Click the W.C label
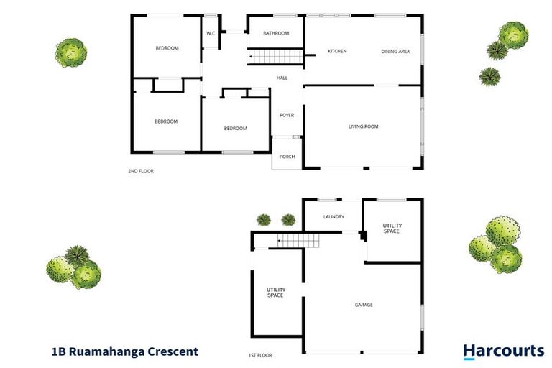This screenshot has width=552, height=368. (211, 33)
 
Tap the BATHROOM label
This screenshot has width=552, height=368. (275, 33)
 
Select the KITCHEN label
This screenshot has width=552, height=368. (337, 51)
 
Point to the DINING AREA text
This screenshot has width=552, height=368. (395, 51)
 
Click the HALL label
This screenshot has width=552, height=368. (282, 78)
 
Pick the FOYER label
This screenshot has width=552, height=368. (287, 115)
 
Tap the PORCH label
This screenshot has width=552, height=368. (287, 157)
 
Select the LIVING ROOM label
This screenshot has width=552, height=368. (363, 126)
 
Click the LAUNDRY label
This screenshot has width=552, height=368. (333, 216)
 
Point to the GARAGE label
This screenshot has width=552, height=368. (364, 305)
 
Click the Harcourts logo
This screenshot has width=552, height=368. (503, 351)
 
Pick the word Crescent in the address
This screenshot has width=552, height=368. (173, 352)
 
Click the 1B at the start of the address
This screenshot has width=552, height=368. (60, 352)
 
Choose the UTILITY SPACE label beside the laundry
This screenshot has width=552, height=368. (391, 228)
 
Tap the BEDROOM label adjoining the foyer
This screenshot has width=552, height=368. (235, 129)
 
